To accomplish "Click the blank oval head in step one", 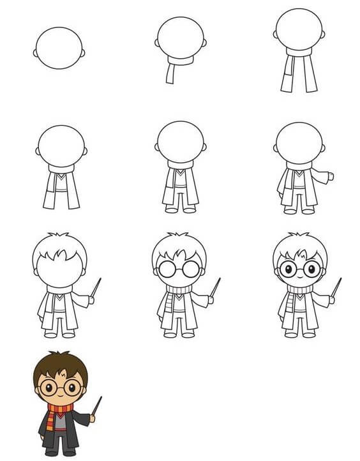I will pos(59,48).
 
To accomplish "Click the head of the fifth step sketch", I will pos(180,142).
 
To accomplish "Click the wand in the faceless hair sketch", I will pos(96,287).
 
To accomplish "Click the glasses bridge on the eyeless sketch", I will pos(179,269).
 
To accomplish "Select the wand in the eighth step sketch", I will pos(215,287).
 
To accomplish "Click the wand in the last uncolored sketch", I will pos(336,287).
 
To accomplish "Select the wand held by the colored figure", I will pos(97,405).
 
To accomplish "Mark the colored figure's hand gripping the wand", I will pos(93,418).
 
